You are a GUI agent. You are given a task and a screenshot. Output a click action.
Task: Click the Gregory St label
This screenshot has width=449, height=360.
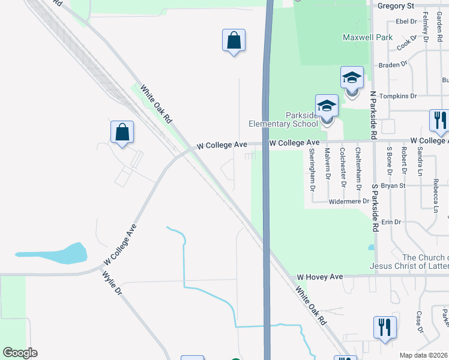(x=395, y=5)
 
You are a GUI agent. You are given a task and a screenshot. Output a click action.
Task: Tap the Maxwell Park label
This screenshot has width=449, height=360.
(x=367, y=37)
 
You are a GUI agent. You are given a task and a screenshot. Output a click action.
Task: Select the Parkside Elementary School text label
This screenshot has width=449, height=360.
(x=283, y=119)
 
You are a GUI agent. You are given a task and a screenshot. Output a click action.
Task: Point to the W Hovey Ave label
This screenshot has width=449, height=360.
(x=319, y=277)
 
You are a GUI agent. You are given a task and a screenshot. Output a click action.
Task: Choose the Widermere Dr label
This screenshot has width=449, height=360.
(x=348, y=202)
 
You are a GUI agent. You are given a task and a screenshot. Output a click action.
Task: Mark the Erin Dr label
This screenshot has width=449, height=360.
(x=391, y=222)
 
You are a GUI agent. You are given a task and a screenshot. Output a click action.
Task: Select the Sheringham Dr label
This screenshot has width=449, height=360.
(x=313, y=169)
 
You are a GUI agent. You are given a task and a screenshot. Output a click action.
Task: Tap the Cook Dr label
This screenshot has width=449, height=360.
(x=406, y=42)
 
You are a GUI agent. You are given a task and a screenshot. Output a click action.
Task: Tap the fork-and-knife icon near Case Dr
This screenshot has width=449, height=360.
(x=384, y=328)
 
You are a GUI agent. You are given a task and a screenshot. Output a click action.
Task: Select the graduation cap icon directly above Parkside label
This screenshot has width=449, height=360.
(x=327, y=106)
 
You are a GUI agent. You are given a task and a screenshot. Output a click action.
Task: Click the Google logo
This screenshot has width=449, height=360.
(x=20, y=353)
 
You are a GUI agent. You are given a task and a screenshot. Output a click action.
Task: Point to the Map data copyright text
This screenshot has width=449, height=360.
(x=424, y=355)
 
